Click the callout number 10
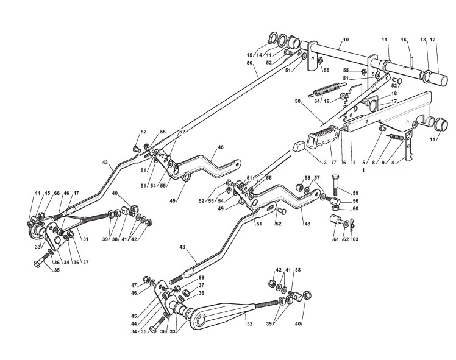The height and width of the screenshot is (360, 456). pos(346,40)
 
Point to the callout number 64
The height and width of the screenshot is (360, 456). pos(317,102)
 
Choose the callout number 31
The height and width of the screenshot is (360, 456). pos(85,239)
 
